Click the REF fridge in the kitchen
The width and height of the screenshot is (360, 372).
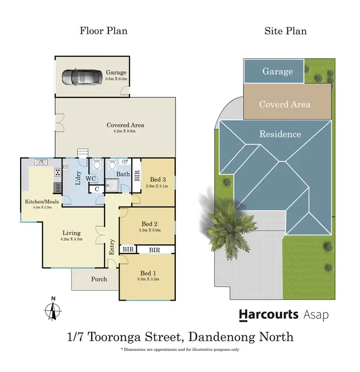57,186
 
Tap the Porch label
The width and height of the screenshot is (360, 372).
99,279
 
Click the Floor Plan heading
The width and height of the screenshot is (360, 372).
103,31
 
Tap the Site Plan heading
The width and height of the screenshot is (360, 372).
286,31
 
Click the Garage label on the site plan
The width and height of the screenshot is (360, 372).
277,71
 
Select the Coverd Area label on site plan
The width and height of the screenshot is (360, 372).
285,104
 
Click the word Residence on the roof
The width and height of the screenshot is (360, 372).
280,134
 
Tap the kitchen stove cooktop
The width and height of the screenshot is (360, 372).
58,172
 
